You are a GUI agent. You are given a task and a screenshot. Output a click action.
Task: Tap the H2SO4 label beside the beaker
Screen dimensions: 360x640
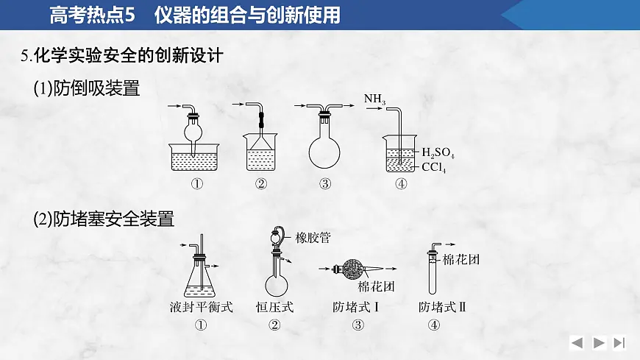(438, 154)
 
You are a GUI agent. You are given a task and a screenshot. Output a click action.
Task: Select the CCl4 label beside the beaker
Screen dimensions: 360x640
(434, 169)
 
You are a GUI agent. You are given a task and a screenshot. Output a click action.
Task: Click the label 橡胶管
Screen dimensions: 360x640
(313, 238)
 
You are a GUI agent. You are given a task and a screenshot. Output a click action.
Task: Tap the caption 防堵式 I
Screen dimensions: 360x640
(356, 307)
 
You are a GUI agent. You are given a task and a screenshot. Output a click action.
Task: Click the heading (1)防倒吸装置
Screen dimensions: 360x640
(87, 88)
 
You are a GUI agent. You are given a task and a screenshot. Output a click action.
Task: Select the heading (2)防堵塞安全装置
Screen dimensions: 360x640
(104, 218)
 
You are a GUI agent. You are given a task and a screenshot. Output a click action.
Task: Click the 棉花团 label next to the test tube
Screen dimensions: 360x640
(461, 259)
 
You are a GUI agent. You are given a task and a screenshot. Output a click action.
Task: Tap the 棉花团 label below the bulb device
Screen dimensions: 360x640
(377, 286)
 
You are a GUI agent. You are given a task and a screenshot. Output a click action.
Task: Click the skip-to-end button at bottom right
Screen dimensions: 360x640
(619, 342)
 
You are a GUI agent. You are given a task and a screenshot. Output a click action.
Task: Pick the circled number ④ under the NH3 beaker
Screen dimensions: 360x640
(401, 185)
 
